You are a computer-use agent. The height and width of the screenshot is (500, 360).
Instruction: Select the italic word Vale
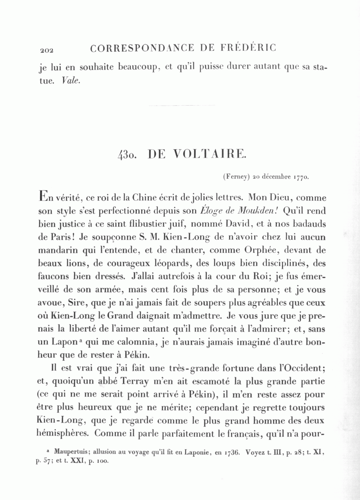[x=72, y=80]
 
